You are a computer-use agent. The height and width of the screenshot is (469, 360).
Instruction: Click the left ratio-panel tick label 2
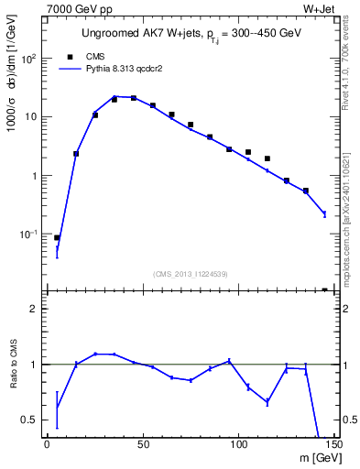[x=33, y=309]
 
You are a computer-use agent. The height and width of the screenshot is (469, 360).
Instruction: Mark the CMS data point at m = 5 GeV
[x=57, y=237]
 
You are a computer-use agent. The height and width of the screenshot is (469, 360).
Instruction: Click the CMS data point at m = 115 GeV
[x=267, y=158]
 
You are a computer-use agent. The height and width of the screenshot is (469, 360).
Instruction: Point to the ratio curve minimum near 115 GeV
[x=267, y=402]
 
